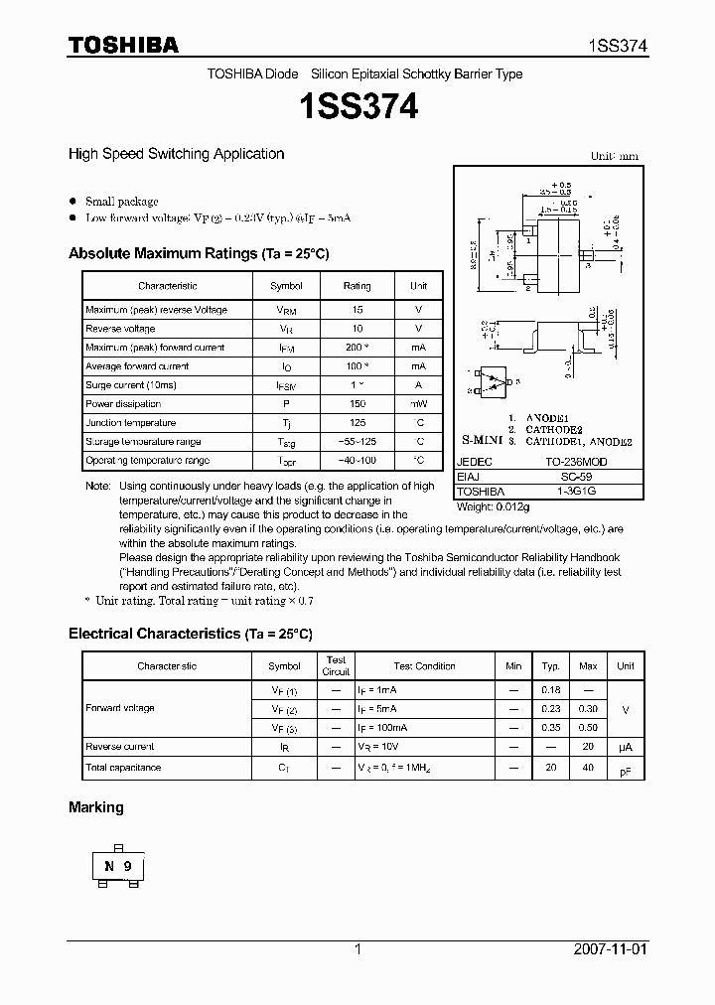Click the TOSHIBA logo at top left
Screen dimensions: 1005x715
click(123, 45)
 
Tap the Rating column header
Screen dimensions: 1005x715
click(357, 286)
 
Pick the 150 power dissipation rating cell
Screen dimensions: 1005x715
click(357, 404)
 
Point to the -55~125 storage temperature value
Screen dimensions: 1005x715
click(357, 442)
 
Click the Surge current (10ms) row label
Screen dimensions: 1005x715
click(130, 385)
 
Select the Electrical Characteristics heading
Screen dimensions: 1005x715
click(190, 634)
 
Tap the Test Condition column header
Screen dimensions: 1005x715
click(424, 666)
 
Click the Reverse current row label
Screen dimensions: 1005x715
click(120, 747)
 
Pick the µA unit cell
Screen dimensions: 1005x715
click(626, 747)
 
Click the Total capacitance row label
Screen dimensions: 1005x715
click(123, 768)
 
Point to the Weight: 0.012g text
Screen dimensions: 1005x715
click(494, 506)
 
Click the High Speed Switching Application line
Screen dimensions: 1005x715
click(176, 154)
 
